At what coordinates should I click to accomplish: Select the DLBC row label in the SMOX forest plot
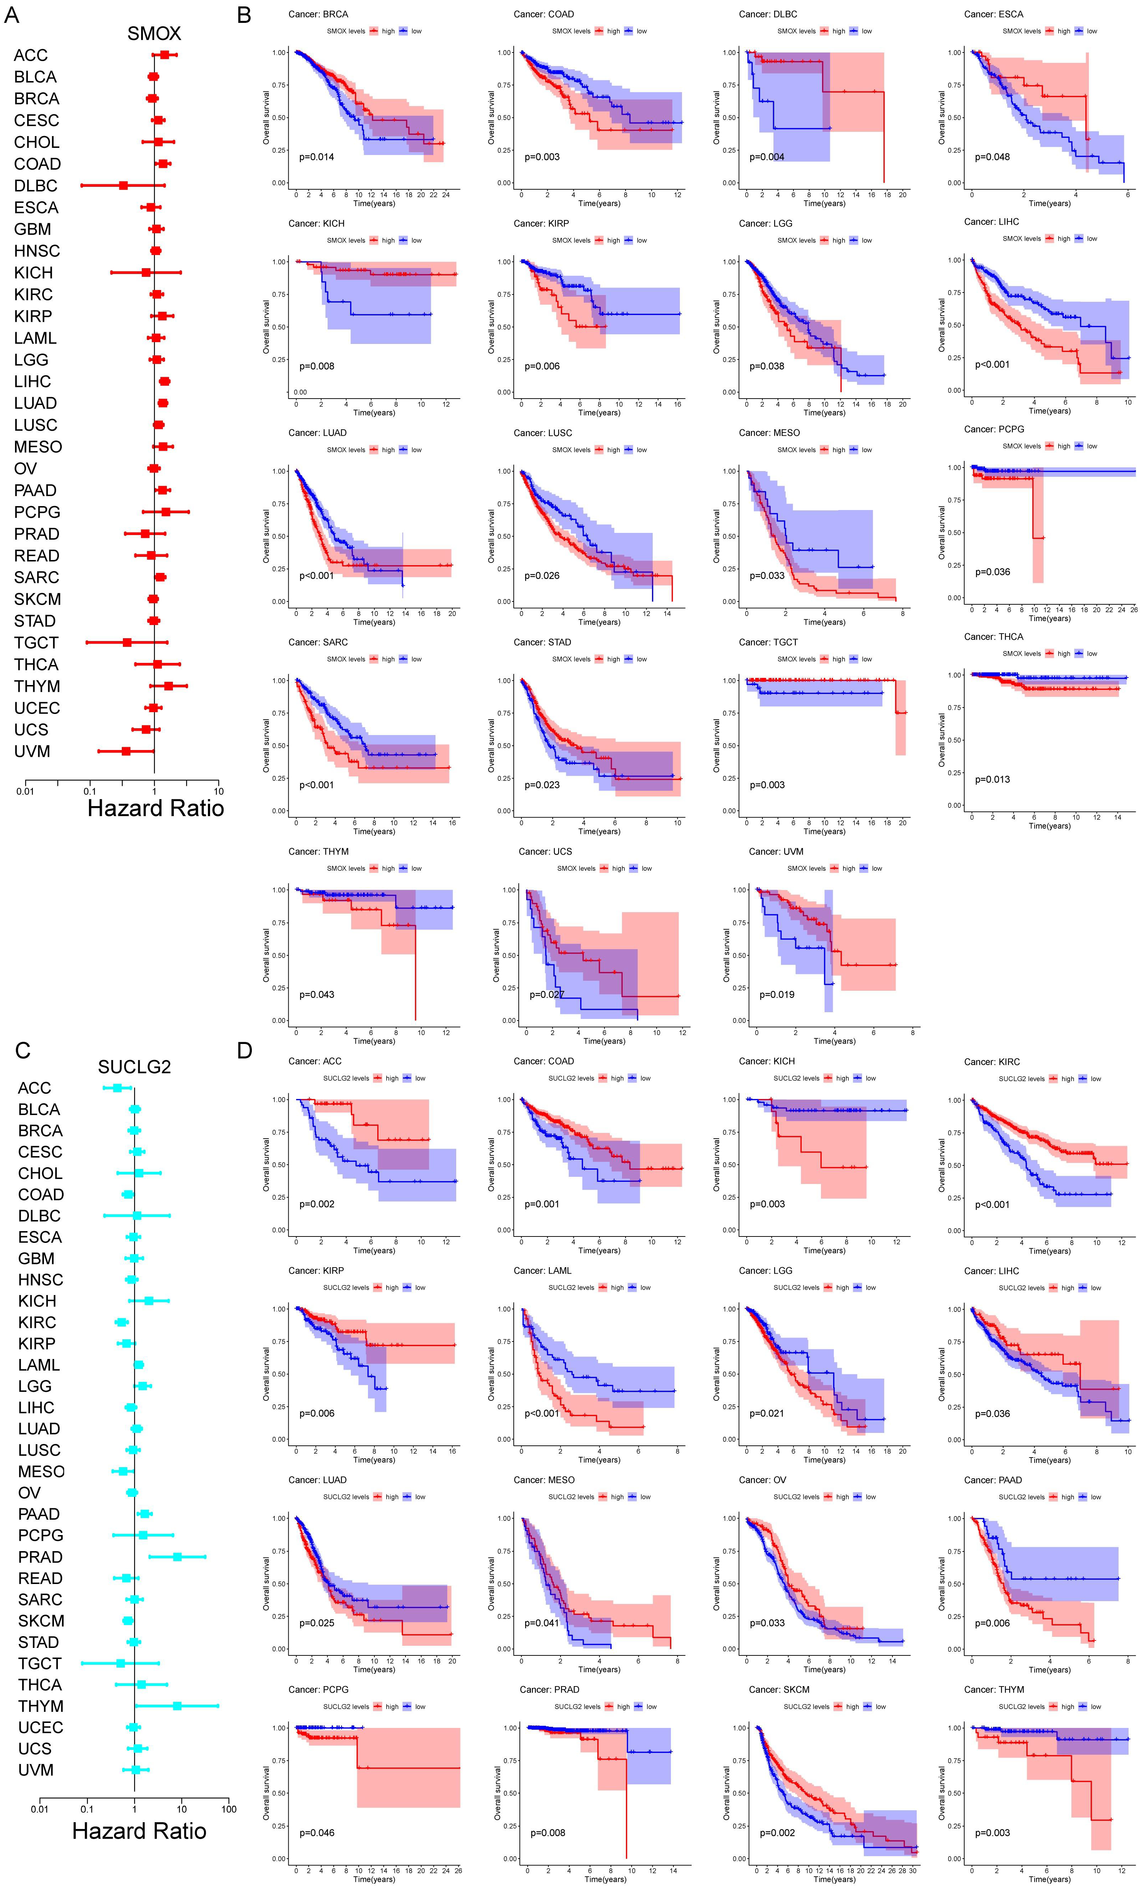click(35, 185)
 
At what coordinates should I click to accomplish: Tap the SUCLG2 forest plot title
click(134, 1067)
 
